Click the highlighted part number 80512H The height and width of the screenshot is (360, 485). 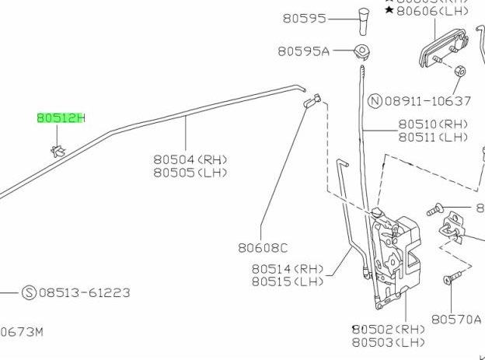61,118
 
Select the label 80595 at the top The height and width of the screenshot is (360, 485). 304,19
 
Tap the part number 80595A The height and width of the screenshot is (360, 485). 304,51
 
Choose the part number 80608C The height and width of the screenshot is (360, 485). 263,248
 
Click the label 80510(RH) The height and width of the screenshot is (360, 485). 434,124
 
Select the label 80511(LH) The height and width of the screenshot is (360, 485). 434,138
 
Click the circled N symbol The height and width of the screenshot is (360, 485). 375,101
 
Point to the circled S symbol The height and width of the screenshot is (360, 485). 29,292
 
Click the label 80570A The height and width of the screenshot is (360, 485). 457,319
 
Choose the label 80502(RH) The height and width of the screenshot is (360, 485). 389,330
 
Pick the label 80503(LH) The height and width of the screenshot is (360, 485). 389,343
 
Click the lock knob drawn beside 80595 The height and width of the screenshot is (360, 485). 363,19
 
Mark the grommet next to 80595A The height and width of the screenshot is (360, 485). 361,51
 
